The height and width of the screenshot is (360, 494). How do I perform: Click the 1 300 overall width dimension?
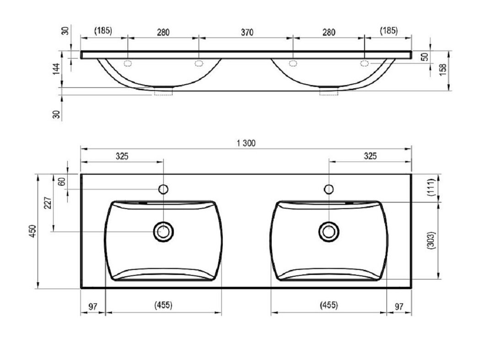pyautogui.click(x=246, y=143)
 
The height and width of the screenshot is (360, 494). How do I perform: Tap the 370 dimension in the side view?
pyautogui.click(x=247, y=32)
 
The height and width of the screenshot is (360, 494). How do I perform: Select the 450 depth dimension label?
pyautogui.click(x=33, y=231)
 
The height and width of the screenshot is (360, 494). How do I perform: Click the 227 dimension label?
pyautogui.click(x=48, y=203)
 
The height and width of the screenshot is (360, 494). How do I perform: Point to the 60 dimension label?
pyautogui.click(x=62, y=182)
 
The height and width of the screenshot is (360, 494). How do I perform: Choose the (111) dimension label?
pyautogui.click(x=431, y=188)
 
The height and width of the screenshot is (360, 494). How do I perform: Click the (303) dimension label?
pyautogui.click(x=431, y=241)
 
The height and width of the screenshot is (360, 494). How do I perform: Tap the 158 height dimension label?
pyautogui.click(x=443, y=70)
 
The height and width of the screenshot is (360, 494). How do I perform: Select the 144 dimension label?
pyautogui.click(x=56, y=69)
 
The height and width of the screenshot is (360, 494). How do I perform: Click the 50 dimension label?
pyautogui.click(x=425, y=57)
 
